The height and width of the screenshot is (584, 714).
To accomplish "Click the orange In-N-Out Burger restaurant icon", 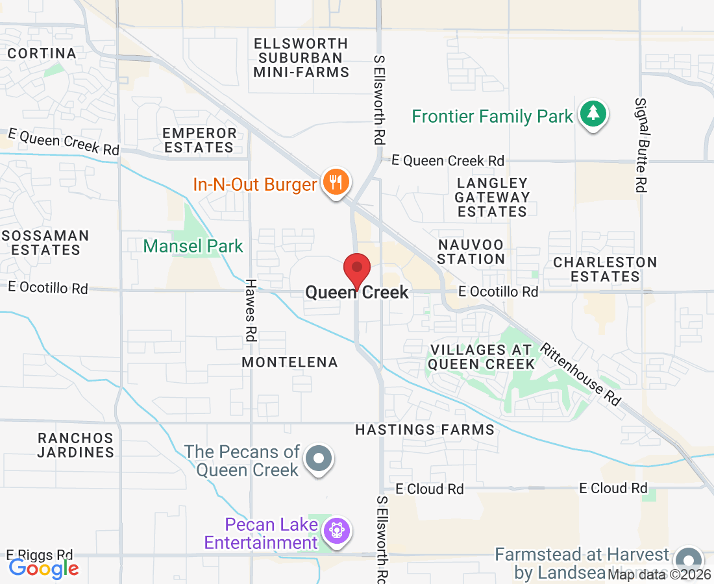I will point(335,182).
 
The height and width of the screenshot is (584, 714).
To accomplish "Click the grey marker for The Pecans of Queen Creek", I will point(319,458).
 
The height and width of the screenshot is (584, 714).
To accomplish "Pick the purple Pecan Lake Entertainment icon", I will point(338,531).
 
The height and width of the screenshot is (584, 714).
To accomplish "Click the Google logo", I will point(44,568).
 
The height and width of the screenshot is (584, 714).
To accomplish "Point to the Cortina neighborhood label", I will point(42,53).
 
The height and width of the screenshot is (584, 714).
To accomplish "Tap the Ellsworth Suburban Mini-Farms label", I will point(301,58).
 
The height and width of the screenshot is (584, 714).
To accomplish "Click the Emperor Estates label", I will point(199,140).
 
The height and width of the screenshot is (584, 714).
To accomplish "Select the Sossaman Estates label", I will point(45,242).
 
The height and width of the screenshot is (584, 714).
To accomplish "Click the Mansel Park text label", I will point(193,246).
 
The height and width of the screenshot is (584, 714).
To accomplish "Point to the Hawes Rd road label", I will point(251,310).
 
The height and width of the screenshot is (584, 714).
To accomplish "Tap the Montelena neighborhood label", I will point(290,362).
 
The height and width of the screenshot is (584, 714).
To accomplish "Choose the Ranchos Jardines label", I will point(75,445).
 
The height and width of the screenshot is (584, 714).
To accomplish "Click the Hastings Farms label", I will point(425,430).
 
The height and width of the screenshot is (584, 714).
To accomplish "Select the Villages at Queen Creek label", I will point(482,357).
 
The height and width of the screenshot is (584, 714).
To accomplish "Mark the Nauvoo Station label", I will point(471,252).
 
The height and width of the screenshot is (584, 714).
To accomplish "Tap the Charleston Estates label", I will point(605,269).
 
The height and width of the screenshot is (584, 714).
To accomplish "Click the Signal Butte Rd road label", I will point(641,145).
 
